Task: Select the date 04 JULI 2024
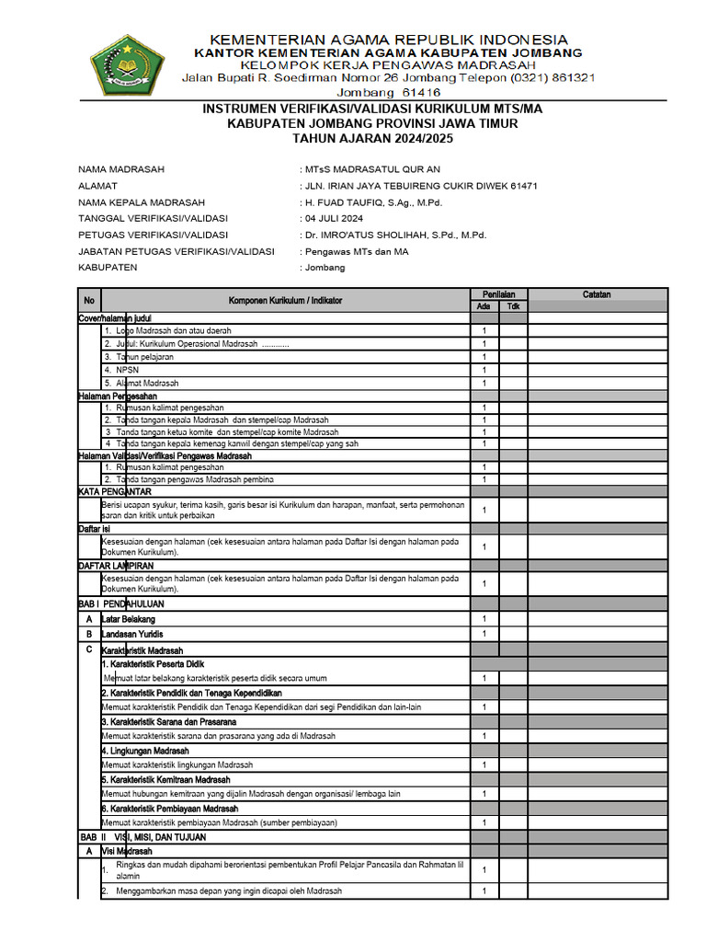334,219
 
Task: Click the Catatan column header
597,294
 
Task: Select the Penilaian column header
499,294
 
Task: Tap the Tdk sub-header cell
514,306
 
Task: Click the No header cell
89,301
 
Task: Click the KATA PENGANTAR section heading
113,492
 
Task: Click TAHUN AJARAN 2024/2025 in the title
372,138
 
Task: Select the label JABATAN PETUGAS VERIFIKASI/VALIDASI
176,251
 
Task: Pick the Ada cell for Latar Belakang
484,619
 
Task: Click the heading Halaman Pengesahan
118,396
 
